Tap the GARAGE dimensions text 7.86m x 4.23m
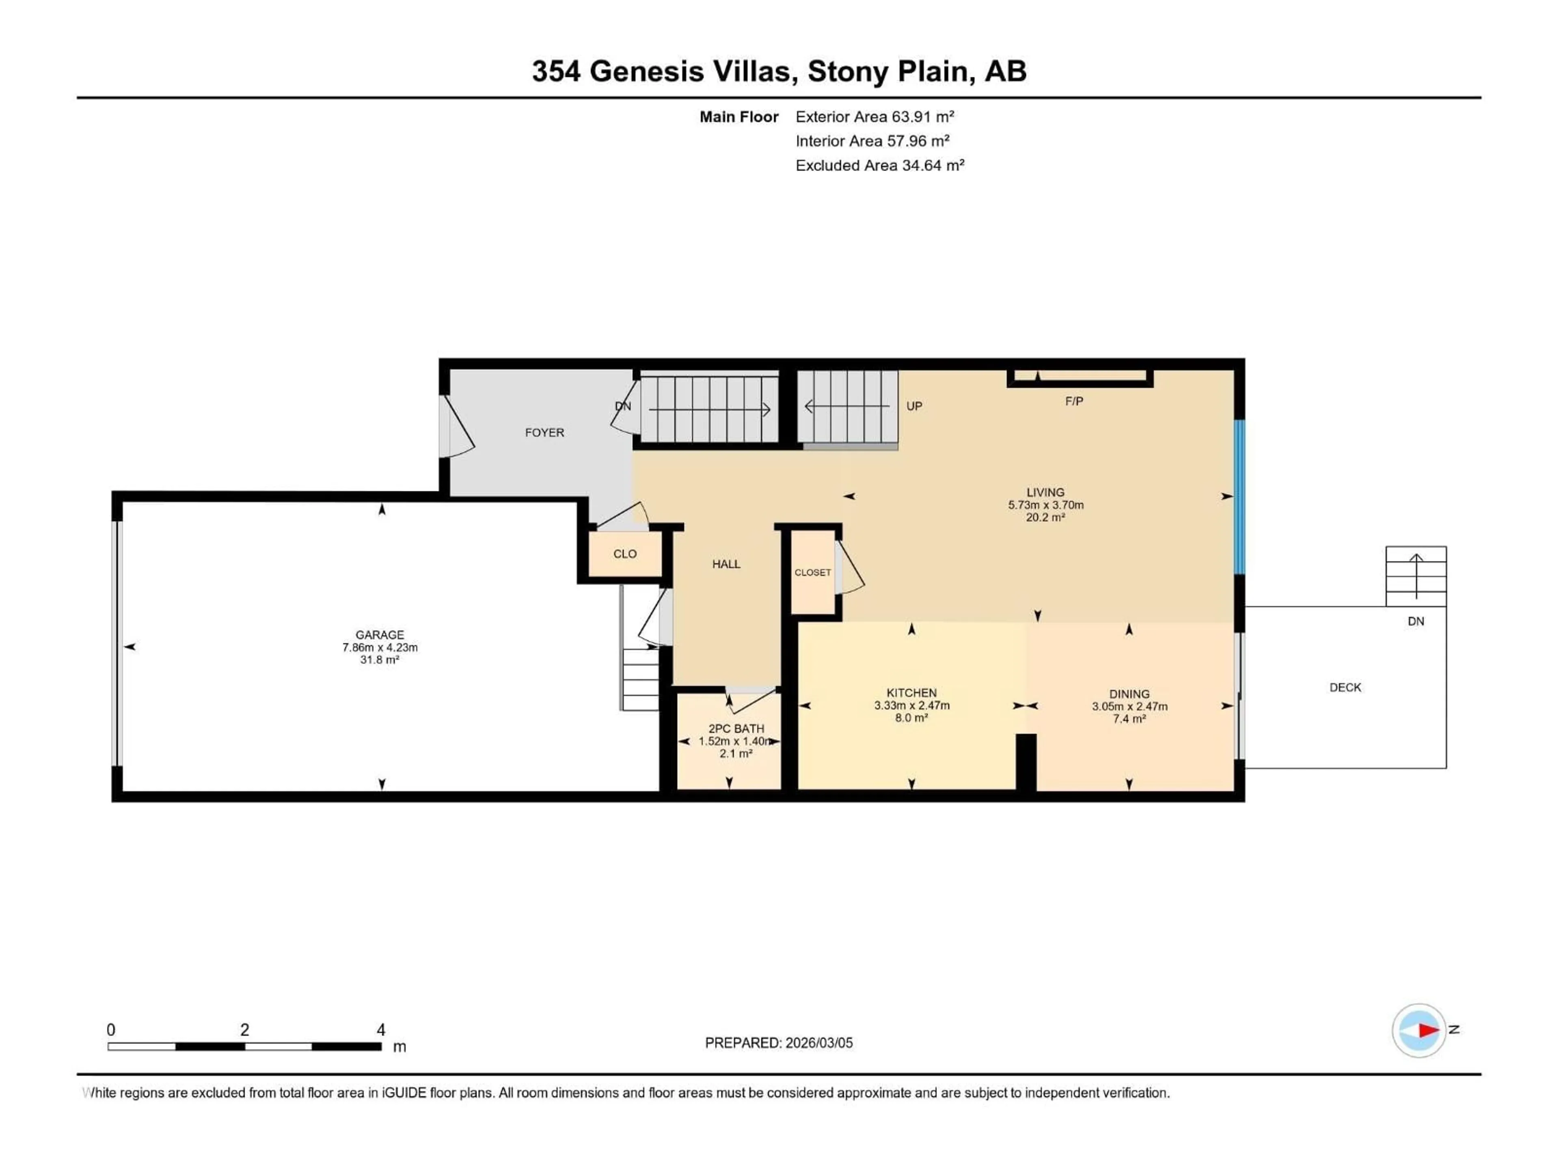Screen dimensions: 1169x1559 (x=380, y=647)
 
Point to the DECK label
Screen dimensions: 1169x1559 (x=1345, y=688)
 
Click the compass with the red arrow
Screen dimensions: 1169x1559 (x=1419, y=1030)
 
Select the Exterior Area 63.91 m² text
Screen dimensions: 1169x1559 (x=874, y=117)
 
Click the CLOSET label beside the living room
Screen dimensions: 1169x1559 (x=813, y=573)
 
